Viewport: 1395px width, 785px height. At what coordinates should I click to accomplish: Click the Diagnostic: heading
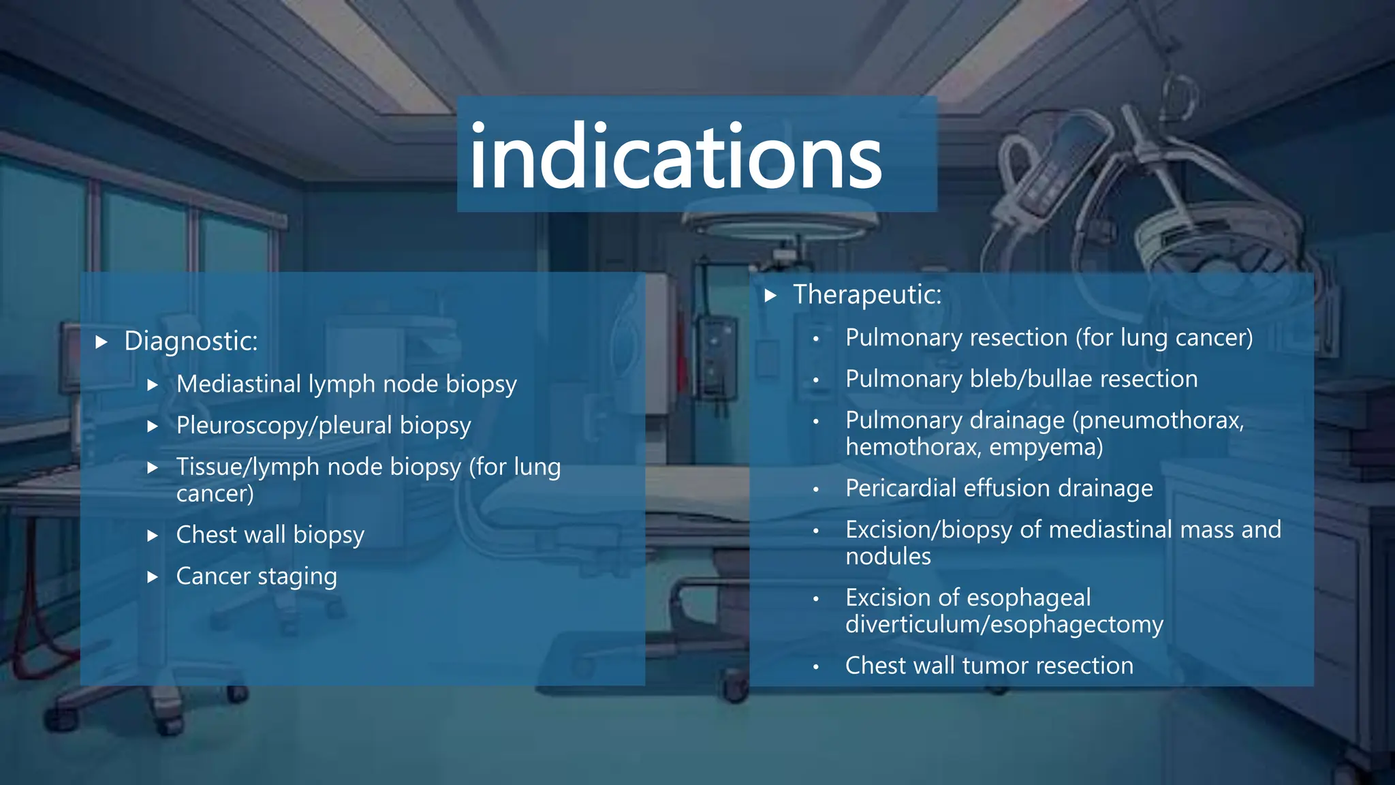pyautogui.click(x=191, y=341)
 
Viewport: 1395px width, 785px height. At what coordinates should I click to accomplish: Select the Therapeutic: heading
pyautogui.click(x=867, y=295)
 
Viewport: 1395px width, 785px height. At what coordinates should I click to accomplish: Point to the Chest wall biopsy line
pyautogui.click(x=270, y=536)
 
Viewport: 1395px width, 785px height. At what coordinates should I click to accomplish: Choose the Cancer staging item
pyautogui.click(x=256, y=576)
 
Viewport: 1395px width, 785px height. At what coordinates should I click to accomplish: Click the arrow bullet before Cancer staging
pyautogui.click(x=153, y=577)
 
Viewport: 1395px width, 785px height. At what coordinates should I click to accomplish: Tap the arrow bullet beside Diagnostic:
pyautogui.click(x=101, y=341)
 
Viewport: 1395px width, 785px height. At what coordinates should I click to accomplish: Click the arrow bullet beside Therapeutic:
pyautogui.click(x=770, y=295)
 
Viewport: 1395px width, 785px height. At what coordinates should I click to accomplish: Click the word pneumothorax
pyautogui.click(x=1158, y=420)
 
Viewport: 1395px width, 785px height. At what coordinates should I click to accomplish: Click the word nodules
pyautogui.click(x=888, y=557)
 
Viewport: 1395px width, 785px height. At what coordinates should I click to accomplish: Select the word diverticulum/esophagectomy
pyautogui.click(x=1004, y=625)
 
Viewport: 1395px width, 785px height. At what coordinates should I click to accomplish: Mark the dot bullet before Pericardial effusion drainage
pyautogui.click(x=815, y=489)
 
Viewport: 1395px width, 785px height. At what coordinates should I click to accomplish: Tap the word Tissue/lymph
pyautogui.click(x=247, y=467)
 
